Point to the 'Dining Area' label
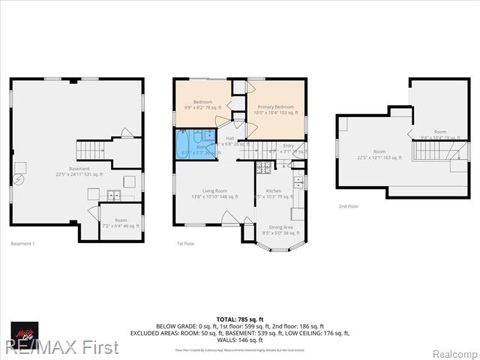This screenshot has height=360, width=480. click(281, 227)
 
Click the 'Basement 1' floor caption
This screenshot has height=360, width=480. click(23, 244)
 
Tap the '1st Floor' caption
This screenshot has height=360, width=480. click(187, 244)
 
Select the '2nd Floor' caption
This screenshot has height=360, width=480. click(348, 205)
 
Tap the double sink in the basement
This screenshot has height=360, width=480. click(113, 196)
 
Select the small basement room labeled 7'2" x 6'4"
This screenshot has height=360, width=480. click(120, 223)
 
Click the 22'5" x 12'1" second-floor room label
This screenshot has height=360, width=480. click(379, 154)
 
